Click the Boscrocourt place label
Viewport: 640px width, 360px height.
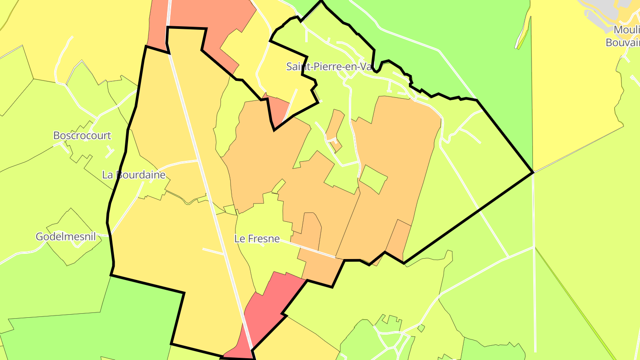coord(82,136)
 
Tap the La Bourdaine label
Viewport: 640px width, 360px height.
coord(134,175)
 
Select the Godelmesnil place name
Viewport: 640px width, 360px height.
coord(66,236)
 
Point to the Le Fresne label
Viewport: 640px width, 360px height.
coord(257,239)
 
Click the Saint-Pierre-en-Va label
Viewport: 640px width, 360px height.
coord(329,67)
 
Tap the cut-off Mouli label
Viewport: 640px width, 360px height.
coord(627,30)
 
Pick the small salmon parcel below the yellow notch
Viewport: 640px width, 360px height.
coord(278,109)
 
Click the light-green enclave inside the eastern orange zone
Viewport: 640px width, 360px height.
coord(372,179)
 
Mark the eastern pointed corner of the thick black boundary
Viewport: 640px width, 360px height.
coord(532,172)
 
